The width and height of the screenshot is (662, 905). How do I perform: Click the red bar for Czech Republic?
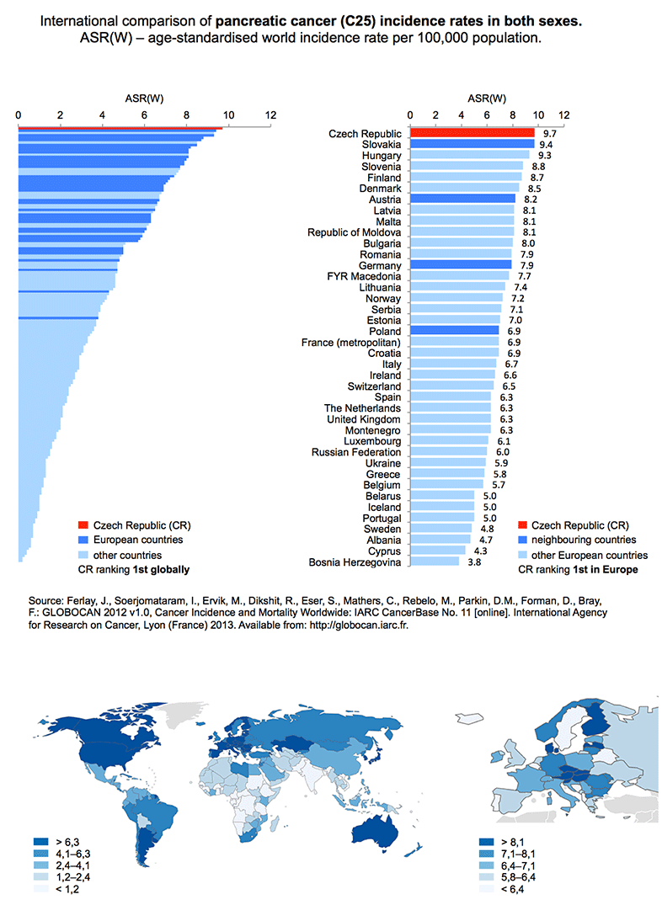point(472,133)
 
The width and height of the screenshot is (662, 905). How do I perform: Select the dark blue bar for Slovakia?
point(472,144)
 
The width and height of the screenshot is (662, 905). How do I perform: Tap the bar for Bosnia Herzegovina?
point(435,562)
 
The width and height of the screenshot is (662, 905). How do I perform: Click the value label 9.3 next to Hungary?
point(544,155)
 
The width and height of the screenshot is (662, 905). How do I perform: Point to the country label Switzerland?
point(374,386)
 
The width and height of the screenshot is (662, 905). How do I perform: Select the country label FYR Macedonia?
point(364,276)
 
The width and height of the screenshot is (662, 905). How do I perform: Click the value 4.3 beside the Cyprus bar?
point(480,551)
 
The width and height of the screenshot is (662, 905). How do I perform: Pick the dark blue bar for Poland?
point(455,331)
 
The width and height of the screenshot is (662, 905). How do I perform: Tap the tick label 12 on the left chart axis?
point(270,114)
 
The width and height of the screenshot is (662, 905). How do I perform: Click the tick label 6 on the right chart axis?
point(486,114)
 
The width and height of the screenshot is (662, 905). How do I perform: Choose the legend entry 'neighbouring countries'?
point(584,540)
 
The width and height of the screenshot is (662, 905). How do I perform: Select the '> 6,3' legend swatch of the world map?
point(41,842)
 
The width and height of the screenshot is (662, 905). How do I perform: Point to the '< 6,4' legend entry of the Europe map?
point(501,889)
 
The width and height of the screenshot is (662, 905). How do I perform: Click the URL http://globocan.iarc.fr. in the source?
point(359,625)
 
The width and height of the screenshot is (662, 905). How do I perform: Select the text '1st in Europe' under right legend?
point(606,570)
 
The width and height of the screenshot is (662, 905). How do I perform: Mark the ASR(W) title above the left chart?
point(144,98)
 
